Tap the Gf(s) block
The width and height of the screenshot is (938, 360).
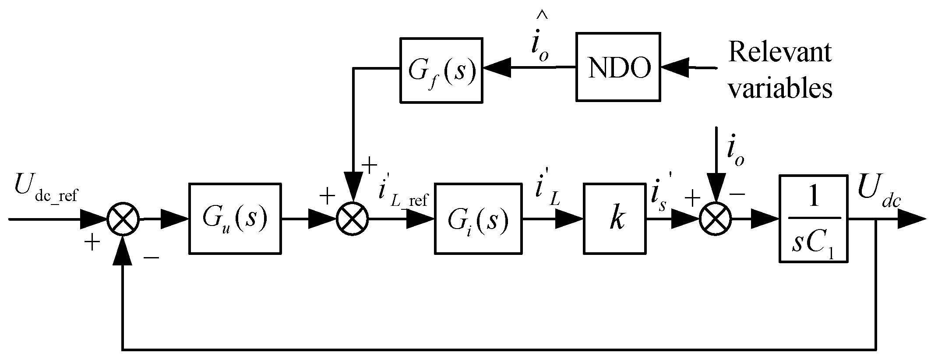441,70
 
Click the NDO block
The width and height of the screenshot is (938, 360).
618,67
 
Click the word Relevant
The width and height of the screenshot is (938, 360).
779,53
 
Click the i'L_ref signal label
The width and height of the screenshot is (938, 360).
403,195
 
